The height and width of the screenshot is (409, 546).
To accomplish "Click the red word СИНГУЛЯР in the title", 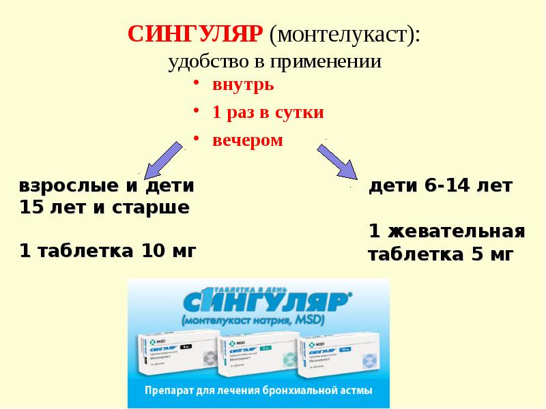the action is [196, 35].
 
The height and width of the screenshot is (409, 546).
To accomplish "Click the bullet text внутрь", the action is [243, 85].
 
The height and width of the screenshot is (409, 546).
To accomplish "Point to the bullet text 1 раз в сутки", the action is [268, 112].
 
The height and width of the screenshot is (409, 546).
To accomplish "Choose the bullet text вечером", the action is [247, 140].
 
